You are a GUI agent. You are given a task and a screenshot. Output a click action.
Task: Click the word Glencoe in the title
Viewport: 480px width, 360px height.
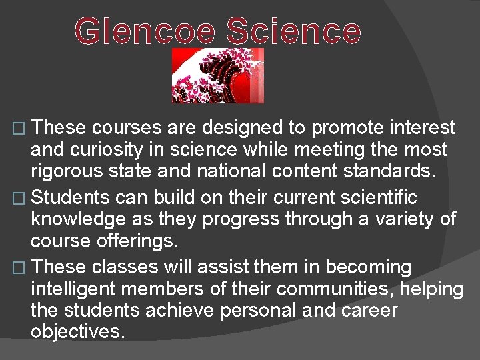(145, 31)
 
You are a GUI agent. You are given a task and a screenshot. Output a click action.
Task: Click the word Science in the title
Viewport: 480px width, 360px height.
(293, 31)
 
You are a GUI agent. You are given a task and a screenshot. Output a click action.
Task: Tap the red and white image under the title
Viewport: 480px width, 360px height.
(218, 75)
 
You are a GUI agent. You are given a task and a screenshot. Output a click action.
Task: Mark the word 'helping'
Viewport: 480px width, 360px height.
(431, 289)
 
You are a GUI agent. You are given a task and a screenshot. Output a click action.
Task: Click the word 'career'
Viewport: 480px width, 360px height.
(371, 310)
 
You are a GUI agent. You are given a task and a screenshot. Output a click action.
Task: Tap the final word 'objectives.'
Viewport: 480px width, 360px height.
(78, 331)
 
